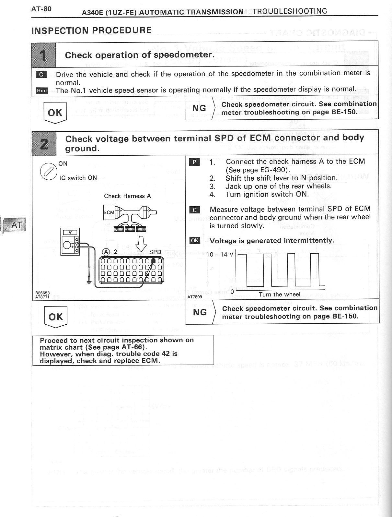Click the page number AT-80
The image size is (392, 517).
tap(41, 9)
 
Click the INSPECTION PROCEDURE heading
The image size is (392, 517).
tap(91, 30)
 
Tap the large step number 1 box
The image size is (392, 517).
tap(44, 54)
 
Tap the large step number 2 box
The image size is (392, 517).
tap(44, 143)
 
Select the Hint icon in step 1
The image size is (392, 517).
tap(42, 90)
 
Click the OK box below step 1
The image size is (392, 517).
tap(55, 112)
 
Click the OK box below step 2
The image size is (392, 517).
tap(55, 317)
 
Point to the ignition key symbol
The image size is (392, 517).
tap(47, 171)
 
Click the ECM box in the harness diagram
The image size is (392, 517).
tap(109, 212)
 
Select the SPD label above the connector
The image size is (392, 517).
tap(155, 252)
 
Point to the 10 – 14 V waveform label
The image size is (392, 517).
tap(220, 254)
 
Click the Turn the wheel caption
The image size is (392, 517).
tap(279, 295)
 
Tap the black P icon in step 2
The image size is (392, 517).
tap(194, 162)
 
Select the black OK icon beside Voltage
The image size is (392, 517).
tap(195, 240)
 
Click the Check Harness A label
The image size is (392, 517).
tap(127, 196)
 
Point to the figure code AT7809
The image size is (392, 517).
tap(195, 296)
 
